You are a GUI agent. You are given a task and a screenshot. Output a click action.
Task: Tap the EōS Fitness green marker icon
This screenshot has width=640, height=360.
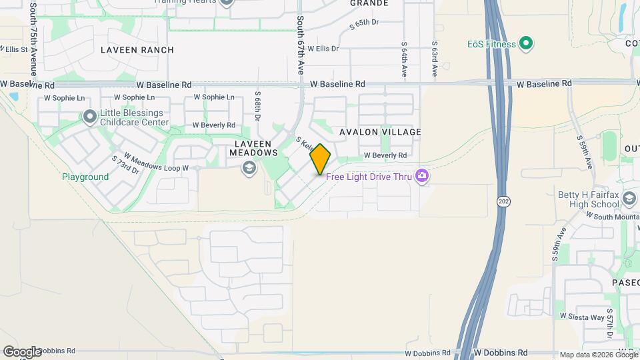526,45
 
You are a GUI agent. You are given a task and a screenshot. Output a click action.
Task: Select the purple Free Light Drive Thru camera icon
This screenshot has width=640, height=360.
421,176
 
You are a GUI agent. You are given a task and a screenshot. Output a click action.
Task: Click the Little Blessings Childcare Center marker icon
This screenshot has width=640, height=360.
90,117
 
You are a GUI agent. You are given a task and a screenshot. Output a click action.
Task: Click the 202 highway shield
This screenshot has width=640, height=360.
502,200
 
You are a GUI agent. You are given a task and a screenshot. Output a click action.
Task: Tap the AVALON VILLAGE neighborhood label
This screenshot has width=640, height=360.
380,132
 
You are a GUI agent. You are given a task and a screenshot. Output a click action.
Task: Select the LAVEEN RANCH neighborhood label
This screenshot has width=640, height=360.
137,50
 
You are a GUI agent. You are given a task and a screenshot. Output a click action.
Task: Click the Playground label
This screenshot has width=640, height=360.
85,177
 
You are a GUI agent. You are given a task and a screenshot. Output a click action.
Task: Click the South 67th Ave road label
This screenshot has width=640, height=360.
301,45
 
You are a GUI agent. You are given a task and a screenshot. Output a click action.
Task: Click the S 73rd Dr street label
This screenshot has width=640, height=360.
125,165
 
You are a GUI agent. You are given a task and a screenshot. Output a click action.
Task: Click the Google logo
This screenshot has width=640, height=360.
22,351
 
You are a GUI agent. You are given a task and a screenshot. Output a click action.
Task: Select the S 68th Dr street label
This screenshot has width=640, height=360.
257,107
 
